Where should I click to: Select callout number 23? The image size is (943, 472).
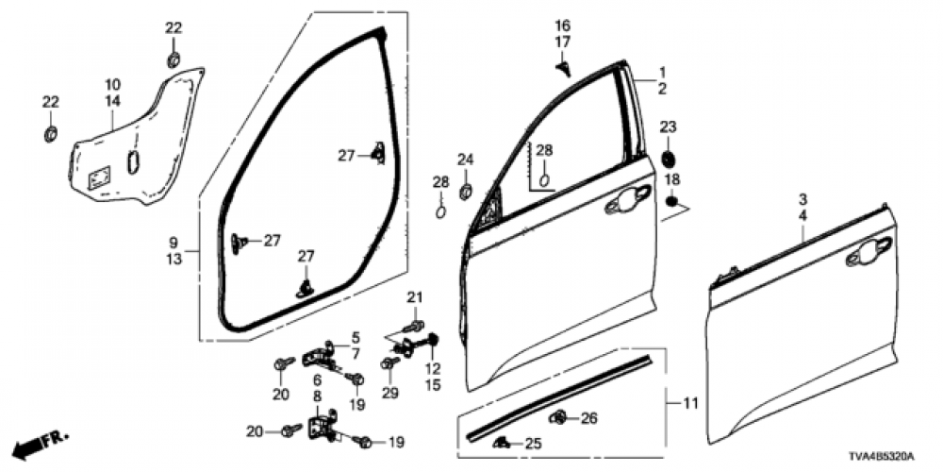668,127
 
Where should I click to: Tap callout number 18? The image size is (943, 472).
671,179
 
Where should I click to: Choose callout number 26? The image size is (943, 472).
589,418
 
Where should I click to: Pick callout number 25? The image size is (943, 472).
533,443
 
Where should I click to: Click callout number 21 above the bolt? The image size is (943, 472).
412,299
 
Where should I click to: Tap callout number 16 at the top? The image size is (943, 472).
563,24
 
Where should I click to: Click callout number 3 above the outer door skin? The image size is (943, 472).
802,200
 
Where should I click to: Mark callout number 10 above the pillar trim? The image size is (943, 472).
112,83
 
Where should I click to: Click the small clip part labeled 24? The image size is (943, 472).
465,192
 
